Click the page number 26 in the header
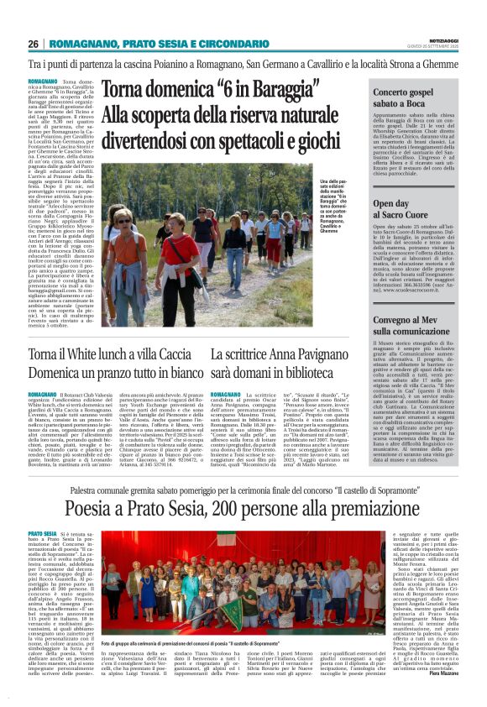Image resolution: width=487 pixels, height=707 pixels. (x=34, y=45)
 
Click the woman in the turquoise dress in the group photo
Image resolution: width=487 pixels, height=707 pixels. (x=148, y=571)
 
